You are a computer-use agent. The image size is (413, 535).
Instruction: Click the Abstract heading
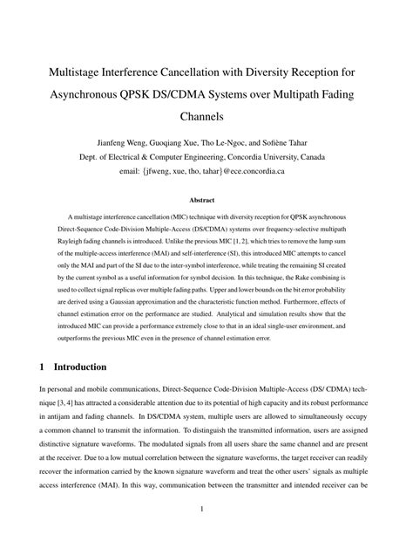[x=206, y=200]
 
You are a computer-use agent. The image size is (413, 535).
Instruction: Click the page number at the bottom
[x=206, y=509]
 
